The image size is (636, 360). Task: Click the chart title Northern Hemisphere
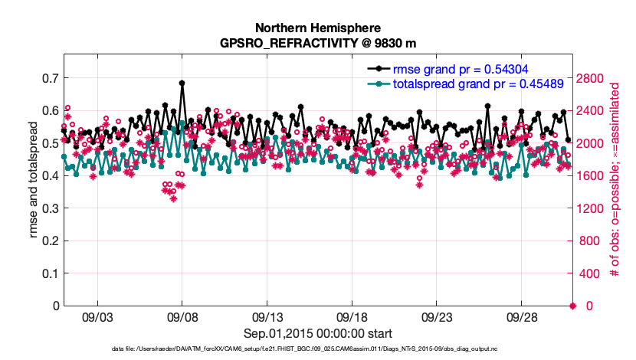[318, 28]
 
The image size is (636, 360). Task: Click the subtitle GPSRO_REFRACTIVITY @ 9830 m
[318, 42]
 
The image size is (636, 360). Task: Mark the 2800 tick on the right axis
[597, 78]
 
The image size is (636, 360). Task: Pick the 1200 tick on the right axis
[597, 208]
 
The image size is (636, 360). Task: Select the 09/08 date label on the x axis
[182, 317]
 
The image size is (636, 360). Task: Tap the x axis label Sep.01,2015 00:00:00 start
[318, 333]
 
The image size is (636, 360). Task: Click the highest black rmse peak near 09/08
[182, 83]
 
